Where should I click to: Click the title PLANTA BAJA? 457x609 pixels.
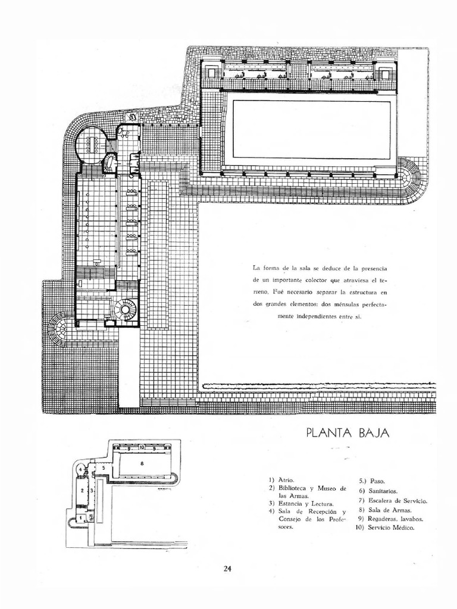point(348,433)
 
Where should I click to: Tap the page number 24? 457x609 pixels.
point(227,568)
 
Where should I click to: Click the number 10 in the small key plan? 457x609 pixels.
point(142,447)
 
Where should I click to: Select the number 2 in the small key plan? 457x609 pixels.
point(82,490)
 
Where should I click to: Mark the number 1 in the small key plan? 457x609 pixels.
point(81,518)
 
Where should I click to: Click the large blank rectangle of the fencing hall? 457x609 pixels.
point(311,129)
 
